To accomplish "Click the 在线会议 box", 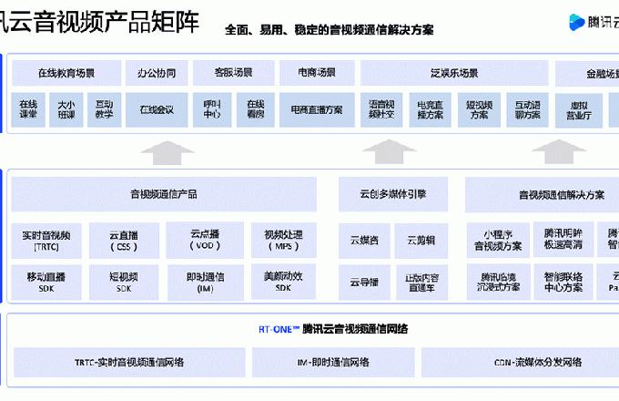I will point(157,110).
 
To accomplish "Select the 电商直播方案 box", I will point(316,110).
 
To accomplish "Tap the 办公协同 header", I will point(157,73).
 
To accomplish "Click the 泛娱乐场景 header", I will point(453,73).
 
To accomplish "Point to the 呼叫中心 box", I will point(213,110).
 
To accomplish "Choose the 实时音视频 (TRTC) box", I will point(46,241).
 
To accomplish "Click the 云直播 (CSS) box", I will point(124,241).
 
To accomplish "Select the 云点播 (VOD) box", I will point(205,240).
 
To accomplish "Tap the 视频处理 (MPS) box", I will point(282,241).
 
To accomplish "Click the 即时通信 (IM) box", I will point(205,282).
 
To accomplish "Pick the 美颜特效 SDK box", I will point(282,282).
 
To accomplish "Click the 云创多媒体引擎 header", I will point(392,194).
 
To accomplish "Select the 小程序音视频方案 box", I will point(497,241).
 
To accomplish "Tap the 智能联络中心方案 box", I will point(563,282).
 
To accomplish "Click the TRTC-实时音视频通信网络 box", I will point(129,362).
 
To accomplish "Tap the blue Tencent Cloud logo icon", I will point(574,20).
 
